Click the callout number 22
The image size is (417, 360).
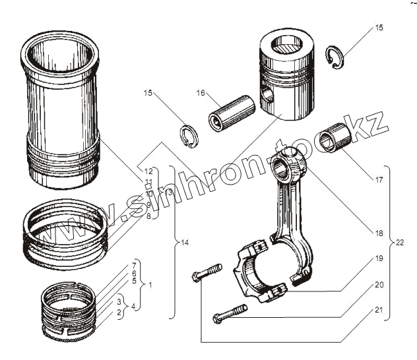click(401, 243)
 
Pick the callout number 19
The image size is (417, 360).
click(378, 260)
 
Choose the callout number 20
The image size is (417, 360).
click(378, 285)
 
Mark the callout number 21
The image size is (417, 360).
click(378, 310)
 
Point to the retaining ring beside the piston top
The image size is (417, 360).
click(337, 58)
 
